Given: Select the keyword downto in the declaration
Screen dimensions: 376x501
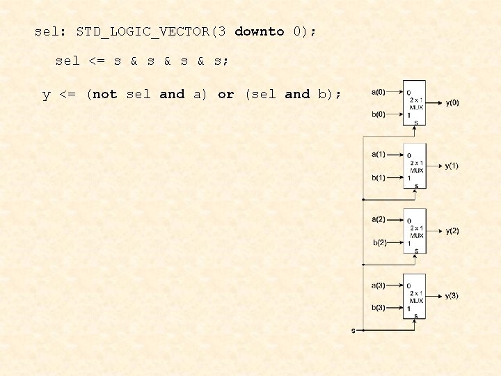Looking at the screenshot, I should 260,31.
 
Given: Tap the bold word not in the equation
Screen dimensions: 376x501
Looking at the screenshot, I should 104,94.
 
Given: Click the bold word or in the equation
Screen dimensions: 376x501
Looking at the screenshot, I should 225,94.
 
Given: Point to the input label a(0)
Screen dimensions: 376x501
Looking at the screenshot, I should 379,92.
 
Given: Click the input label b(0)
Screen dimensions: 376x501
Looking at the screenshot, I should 379,115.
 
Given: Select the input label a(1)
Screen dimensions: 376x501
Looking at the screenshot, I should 379,155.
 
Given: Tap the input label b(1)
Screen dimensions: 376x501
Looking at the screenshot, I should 379,178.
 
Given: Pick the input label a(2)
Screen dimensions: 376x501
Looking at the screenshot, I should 379,219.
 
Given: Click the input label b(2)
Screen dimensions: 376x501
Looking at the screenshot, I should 379,242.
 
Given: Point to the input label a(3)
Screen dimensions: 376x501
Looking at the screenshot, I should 379,285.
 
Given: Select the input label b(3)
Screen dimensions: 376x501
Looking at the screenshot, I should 379,307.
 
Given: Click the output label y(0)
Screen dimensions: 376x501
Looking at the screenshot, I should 452,103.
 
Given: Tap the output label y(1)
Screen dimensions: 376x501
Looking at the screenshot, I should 452,166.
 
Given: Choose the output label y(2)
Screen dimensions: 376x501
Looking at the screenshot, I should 452,230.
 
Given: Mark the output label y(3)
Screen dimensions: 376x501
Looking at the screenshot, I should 452,296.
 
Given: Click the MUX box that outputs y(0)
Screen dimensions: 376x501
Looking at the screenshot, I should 415,103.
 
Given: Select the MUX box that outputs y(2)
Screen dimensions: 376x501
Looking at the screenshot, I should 415,230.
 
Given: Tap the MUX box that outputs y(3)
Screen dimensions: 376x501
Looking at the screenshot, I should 415,296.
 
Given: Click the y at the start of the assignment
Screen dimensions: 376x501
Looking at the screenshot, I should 47,95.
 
